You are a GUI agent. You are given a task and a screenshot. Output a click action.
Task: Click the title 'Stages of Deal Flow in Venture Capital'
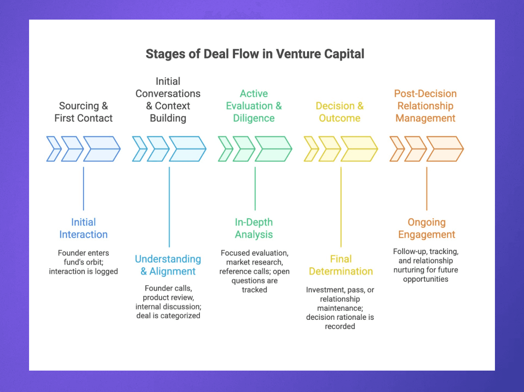point(255,54)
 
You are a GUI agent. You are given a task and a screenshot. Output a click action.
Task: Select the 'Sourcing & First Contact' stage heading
point(83,112)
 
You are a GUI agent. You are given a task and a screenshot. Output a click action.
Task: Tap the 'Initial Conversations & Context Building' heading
point(168,99)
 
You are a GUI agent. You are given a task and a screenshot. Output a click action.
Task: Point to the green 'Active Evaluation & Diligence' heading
point(254,106)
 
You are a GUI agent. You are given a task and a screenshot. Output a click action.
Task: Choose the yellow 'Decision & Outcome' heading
point(339,112)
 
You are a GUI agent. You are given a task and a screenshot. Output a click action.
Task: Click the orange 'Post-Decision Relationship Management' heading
point(425,106)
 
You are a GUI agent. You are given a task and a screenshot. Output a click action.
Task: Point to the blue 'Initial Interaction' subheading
point(83,228)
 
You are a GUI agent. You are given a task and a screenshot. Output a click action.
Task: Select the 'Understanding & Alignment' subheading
point(168,265)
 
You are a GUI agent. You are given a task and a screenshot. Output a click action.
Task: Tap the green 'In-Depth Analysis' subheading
point(254,228)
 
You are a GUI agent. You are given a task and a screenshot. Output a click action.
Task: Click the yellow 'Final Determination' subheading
point(341,265)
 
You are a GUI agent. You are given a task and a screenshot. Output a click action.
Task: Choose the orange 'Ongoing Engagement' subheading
point(426,228)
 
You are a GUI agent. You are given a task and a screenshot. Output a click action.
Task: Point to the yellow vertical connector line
point(341,207)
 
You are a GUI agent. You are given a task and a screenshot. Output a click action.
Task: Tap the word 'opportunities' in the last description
point(426,279)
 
